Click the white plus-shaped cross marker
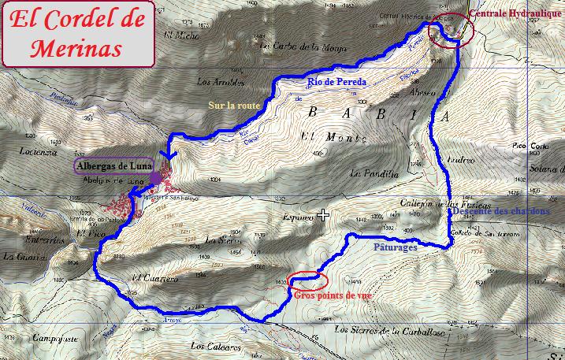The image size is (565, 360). pyautogui.click(x=323, y=215)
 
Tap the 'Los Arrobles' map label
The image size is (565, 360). pyautogui.click(x=217, y=82)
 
